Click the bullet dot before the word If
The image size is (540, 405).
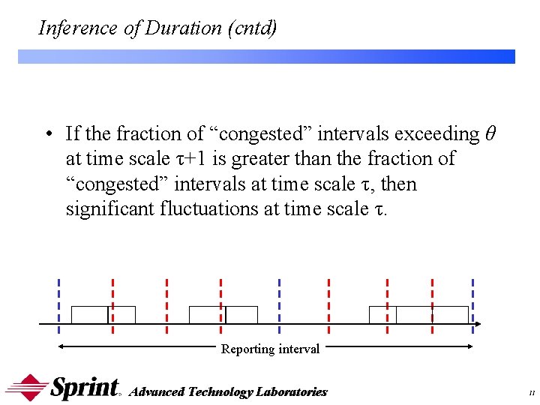[47, 135]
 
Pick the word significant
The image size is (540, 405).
[110, 208]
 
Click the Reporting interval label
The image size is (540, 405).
[270, 349]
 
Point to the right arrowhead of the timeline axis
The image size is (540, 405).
[477, 324]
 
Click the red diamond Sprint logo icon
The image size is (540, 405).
[27, 388]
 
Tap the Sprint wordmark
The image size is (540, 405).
[85, 387]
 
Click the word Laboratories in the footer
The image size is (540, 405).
[292, 391]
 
